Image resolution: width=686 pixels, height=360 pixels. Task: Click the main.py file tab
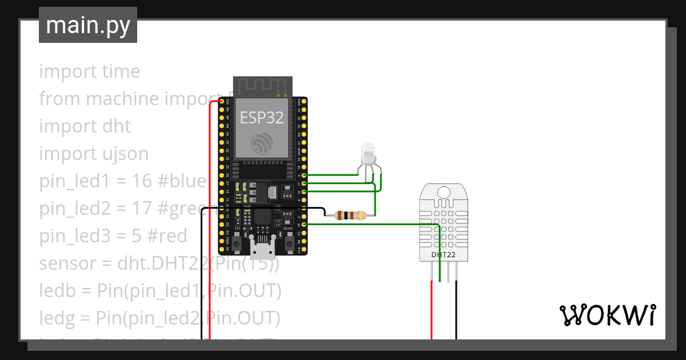[x=88, y=25]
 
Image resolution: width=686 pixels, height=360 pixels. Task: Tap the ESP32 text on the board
[x=261, y=118]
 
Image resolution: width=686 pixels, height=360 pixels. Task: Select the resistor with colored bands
[x=349, y=215]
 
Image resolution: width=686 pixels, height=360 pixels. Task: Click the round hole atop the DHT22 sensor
[x=444, y=193]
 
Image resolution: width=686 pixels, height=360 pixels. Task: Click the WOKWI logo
[x=607, y=315]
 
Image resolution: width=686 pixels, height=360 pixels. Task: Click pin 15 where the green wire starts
[x=304, y=225]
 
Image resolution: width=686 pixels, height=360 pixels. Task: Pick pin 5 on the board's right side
[x=304, y=175]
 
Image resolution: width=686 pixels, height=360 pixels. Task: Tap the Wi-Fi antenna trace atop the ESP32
[x=262, y=86]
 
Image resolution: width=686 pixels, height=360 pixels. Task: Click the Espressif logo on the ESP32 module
[x=262, y=143]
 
